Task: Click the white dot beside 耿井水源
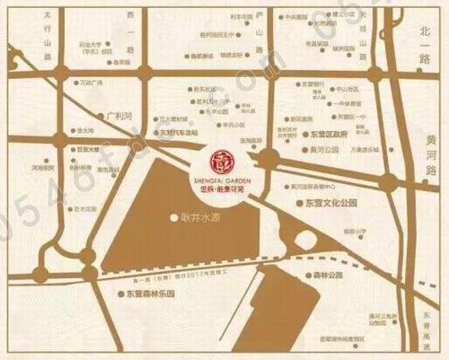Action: [x=172, y=216]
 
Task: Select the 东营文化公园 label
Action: [x=333, y=204]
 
